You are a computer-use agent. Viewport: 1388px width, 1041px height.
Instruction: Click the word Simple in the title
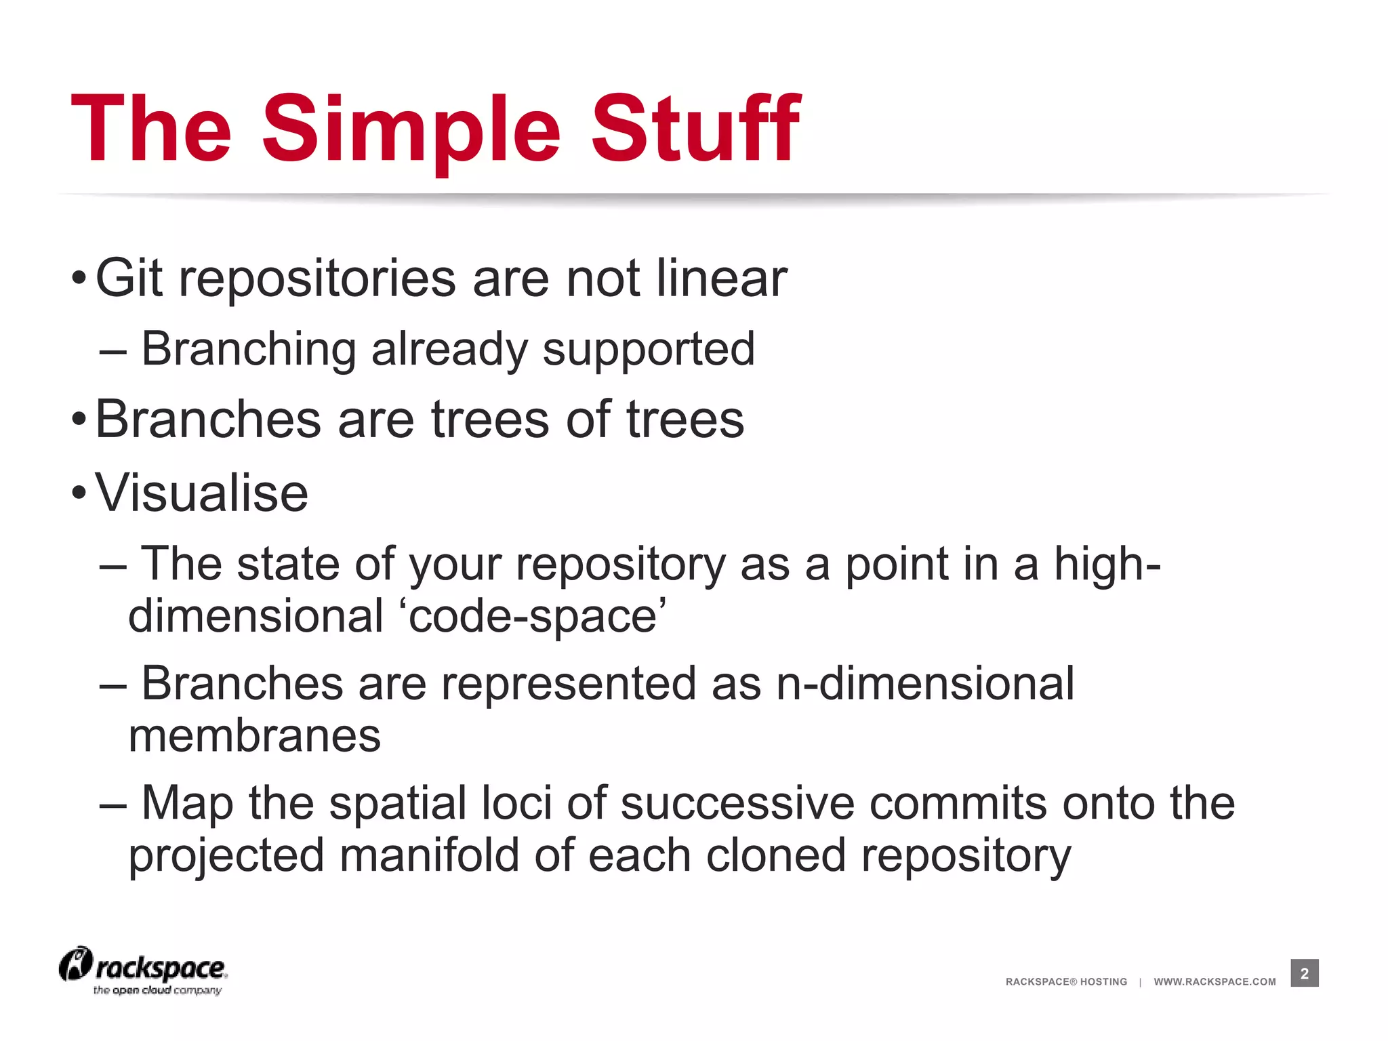click(411, 130)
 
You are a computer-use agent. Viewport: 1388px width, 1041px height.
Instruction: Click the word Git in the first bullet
click(129, 279)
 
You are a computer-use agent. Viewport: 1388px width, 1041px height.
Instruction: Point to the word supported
click(649, 350)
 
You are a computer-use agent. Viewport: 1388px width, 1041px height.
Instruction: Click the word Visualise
click(201, 493)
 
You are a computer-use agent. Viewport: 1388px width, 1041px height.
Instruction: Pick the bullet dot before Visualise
click(79, 493)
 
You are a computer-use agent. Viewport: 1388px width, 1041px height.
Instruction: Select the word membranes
click(254, 737)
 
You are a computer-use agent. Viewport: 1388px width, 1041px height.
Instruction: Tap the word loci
click(516, 803)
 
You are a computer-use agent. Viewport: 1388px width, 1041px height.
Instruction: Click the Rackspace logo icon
click(76, 964)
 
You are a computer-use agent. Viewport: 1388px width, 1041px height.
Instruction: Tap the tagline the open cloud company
click(157, 991)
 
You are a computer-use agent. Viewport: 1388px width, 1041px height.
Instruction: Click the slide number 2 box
click(1304, 973)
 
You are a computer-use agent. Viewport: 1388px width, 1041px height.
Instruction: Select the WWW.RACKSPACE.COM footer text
click(1214, 982)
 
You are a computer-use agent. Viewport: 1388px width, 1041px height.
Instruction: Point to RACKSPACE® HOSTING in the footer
click(1066, 982)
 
